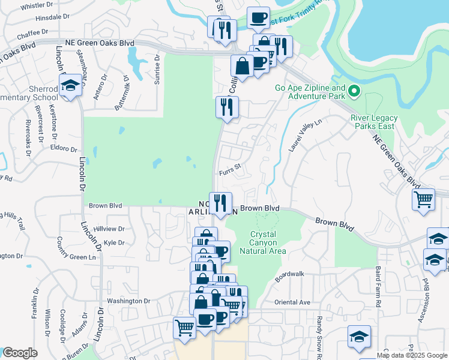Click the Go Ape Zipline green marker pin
tap(354, 92)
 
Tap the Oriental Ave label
tap(292, 302)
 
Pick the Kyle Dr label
tap(113, 243)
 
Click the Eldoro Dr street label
tap(64, 148)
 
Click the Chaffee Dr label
tap(32, 32)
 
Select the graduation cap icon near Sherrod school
tap(70, 85)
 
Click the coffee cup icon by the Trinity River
tap(258, 17)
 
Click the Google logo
tap(20, 353)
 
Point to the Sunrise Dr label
tap(157, 70)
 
